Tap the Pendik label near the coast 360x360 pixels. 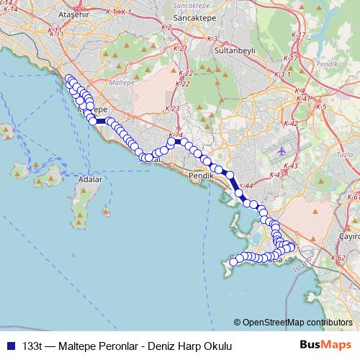click(x=200, y=176)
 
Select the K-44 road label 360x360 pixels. click(x=246, y=186)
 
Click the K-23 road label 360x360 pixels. click(x=172, y=108)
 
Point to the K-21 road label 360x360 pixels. click(x=181, y=48)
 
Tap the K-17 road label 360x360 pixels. click(x=291, y=58)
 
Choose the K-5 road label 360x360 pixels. click(x=321, y=107)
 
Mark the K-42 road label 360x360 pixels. click(x=291, y=124)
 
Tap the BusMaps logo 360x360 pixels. click(x=325, y=345)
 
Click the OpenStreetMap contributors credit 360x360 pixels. click(x=296, y=322)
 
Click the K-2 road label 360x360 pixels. click(x=168, y=27)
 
